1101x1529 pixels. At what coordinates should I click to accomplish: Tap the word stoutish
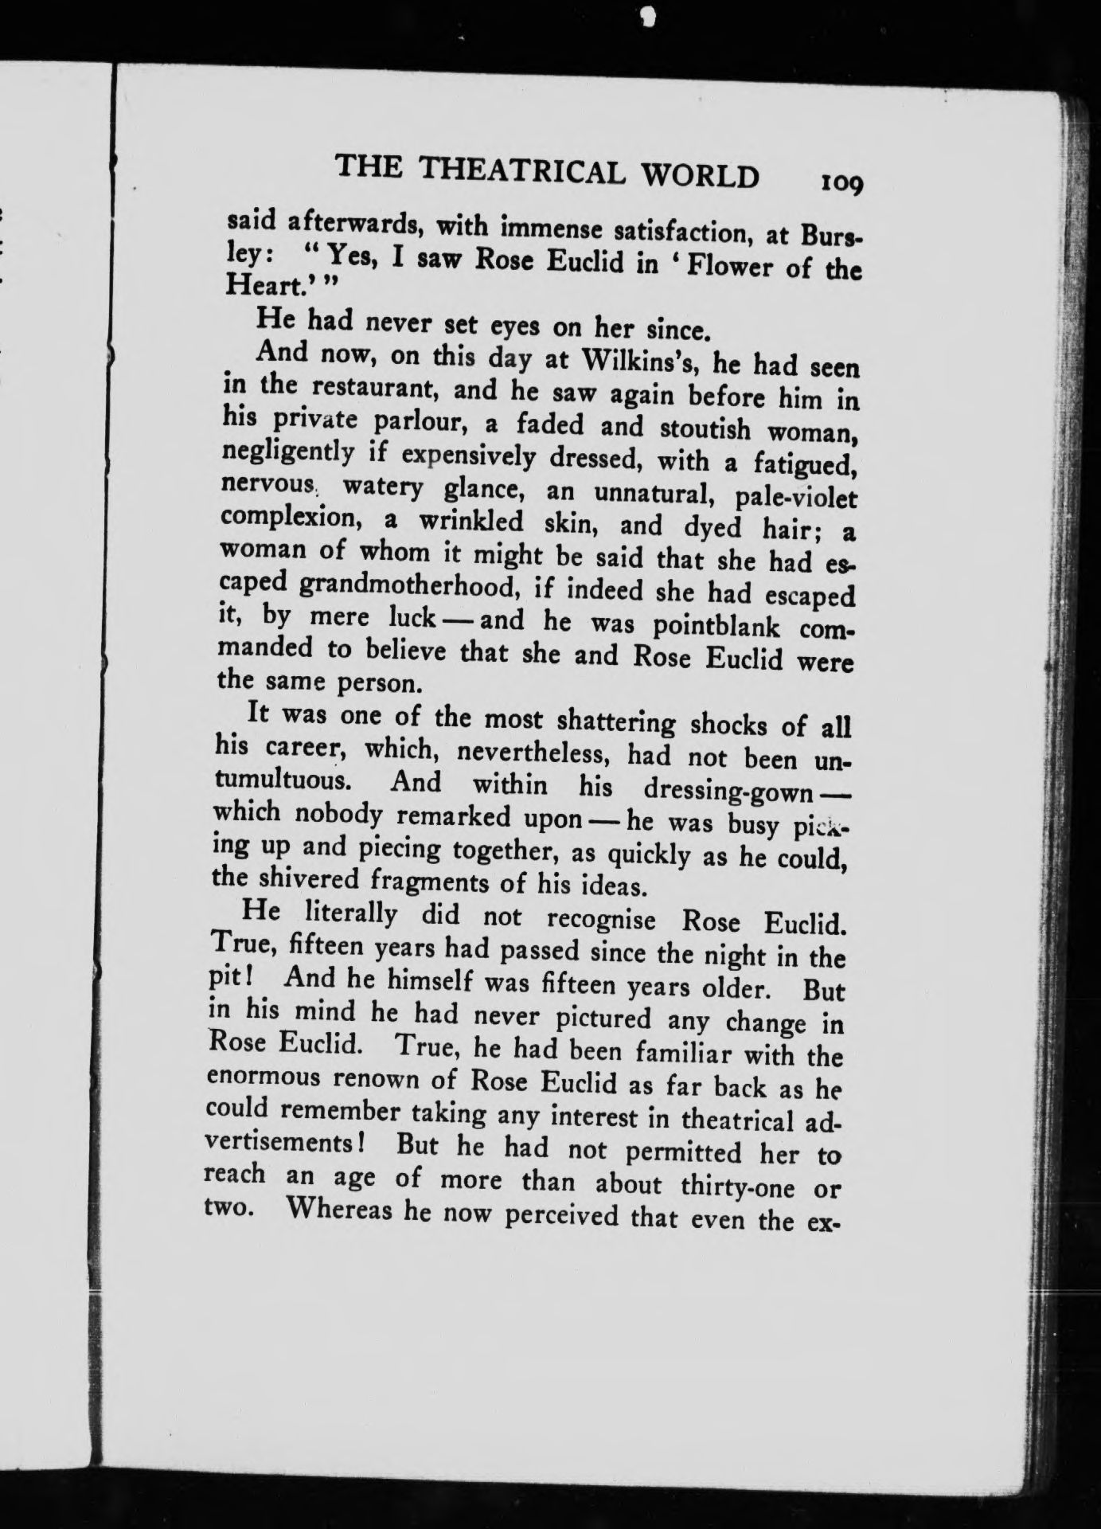pyautogui.click(x=705, y=428)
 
